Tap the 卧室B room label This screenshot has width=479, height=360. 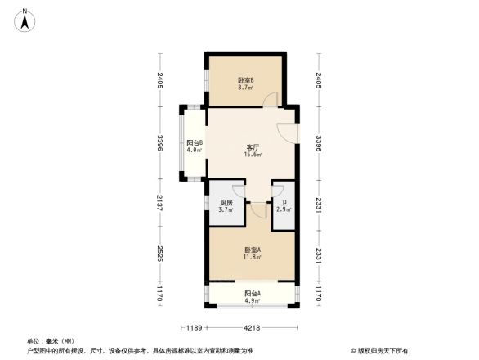[x=246, y=80]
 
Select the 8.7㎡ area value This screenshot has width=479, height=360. [x=246, y=88]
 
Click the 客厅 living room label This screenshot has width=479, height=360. [x=253, y=147]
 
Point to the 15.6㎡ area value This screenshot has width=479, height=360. [x=253, y=155]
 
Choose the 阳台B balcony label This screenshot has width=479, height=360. [x=194, y=142]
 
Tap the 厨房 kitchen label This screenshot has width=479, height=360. [x=226, y=203]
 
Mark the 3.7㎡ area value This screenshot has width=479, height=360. [x=226, y=210]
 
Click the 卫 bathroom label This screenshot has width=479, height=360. [x=283, y=203]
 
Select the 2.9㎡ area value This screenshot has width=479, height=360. [x=283, y=210]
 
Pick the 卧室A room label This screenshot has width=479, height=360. [x=252, y=250]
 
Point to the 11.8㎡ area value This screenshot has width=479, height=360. [x=252, y=257]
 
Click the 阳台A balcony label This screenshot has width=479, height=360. [x=252, y=293]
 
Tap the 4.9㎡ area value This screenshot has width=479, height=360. [x=252, y=300]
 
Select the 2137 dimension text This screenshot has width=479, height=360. [x=161, y=204]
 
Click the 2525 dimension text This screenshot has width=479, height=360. [x=161, y=254]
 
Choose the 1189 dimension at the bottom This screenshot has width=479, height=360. [x=193, y=328]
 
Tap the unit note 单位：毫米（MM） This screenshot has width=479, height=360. [x=51, y=340]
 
